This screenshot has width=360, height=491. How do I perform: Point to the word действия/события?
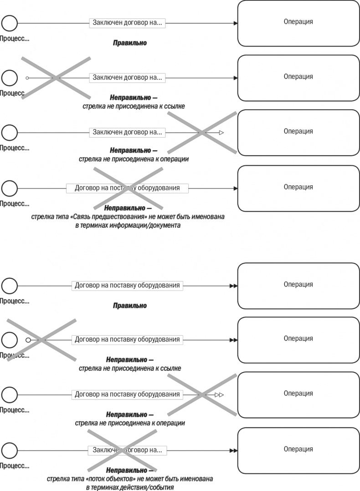coord(148,487)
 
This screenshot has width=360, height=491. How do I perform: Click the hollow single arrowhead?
coord(221,133)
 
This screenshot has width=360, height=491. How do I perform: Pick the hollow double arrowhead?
coord(219,394)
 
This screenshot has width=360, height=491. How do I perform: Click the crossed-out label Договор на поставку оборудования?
coord(127,188)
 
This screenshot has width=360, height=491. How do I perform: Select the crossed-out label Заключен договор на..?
coord(127,450)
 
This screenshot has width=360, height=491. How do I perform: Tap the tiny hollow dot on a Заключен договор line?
coord(27,78)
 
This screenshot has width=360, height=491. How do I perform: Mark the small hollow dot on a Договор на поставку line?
coord(28,340)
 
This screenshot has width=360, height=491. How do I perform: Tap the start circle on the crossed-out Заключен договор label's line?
coord(10,450)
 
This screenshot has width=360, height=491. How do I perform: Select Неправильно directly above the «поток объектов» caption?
coord(129,470)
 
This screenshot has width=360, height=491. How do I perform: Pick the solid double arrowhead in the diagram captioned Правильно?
coord(233,286)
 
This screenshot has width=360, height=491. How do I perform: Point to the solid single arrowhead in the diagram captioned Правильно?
coord(235,23)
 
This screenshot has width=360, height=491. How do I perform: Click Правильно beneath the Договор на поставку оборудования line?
coord(130,306)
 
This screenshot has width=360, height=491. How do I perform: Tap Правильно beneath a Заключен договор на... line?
coord(130,43)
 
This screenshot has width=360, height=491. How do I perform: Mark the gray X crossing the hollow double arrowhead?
coord(202,394)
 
